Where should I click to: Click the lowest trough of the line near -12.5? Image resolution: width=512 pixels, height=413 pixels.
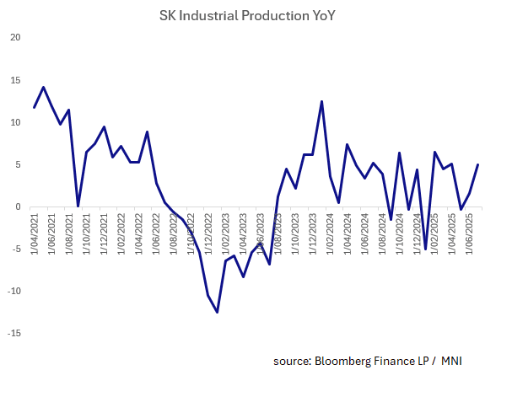(217, 312)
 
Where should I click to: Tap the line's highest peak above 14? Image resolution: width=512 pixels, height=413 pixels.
(43, 87)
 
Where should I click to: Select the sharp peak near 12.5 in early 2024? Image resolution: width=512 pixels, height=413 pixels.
(321, 101)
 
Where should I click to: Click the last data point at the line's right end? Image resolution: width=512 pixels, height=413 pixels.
(478, 164)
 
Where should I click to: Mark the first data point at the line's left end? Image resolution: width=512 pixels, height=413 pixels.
(35, 107)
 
